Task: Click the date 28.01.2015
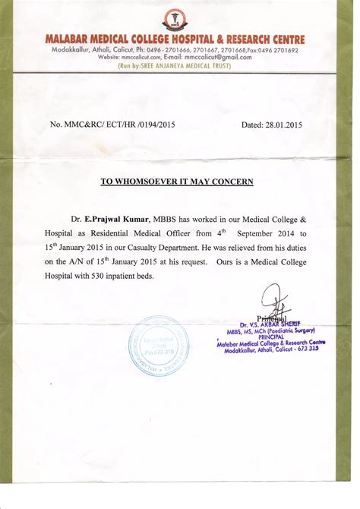(x=282, y=124)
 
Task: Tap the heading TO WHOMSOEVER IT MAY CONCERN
(x=177, y=182)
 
